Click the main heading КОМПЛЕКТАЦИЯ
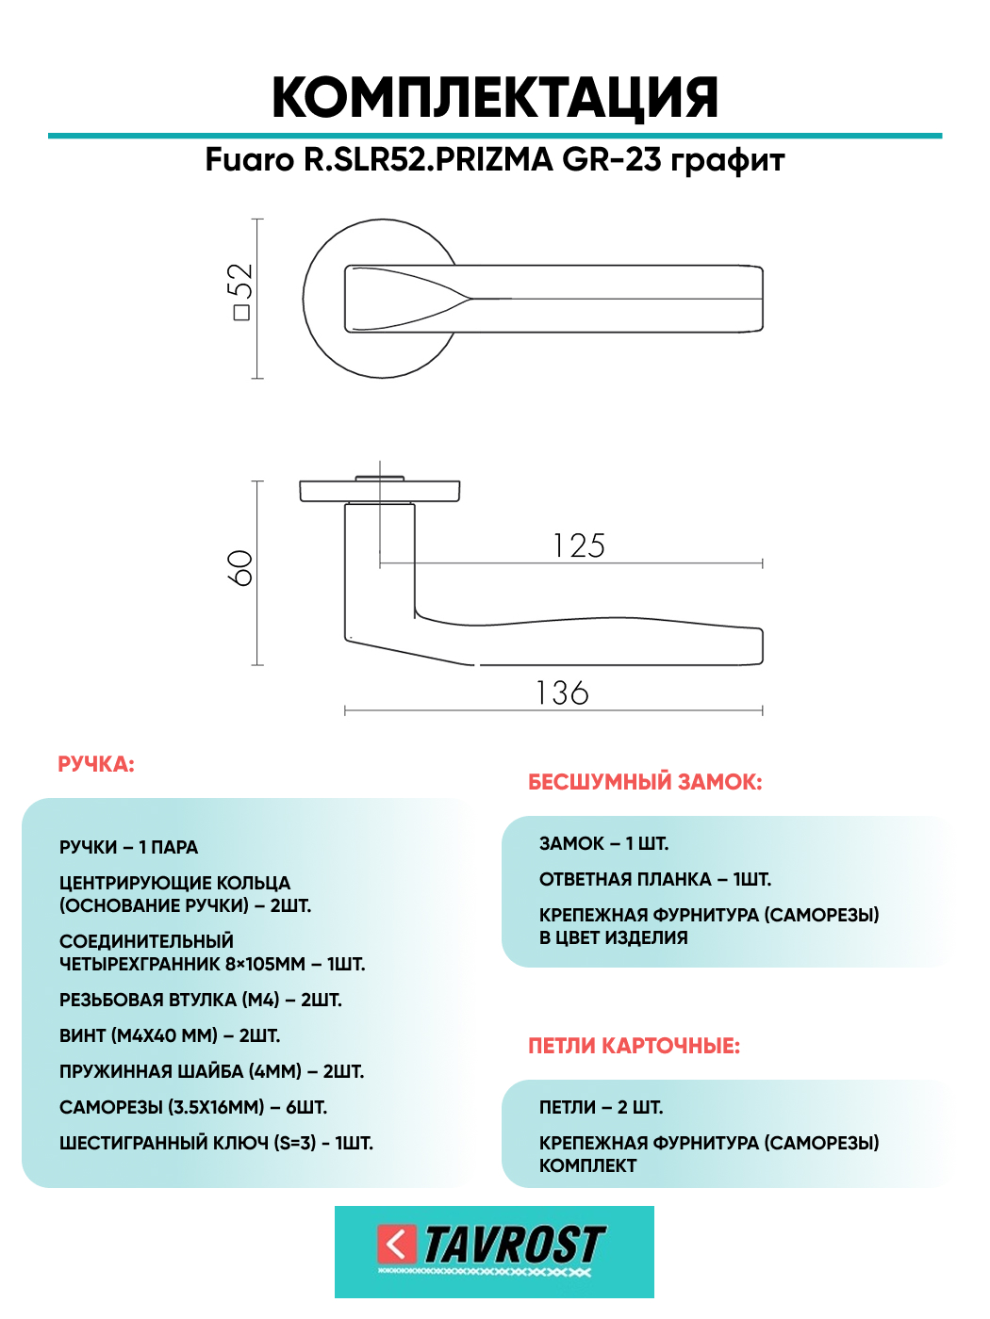(x=495, y=97)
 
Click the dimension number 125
(x=579, y=546)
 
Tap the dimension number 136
(x=562, y=692)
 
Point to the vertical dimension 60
(x=240, y=567)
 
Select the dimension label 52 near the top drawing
(x=242, y=281)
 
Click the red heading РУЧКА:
(x=96, y=764)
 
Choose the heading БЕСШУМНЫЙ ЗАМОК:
(x=645, y=782)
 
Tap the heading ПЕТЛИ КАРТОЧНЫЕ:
(x=635, y=1046)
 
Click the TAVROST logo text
(x=515, y=1244)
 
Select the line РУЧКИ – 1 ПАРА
(x=128, y=847)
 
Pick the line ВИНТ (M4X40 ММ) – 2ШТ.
(x=170, y=1035)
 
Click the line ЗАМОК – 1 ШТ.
(x=603, y=843)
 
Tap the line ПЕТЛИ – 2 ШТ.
(x=602, y=1107)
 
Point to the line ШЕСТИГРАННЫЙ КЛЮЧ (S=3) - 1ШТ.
(x=216, y=1142)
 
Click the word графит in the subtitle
(x=727, y=160)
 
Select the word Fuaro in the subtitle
(x=250, y=160)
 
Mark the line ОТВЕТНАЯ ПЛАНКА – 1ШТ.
(x=655, y=879)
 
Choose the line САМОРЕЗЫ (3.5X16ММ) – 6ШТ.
(x=193, y=1107)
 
